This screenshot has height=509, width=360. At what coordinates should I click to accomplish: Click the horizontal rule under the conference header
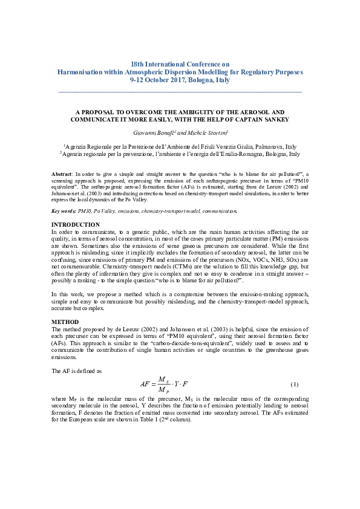(x=180, y=92)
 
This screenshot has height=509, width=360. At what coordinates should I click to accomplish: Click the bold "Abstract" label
(x=61, y=173)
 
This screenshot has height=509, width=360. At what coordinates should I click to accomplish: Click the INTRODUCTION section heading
(x=75, y=224)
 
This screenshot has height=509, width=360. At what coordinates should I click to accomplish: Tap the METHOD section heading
(x=65, y=322)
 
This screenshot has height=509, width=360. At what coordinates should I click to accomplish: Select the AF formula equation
(x=165, y=384)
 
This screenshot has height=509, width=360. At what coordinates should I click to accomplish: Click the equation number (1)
(x=294, y=384)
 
